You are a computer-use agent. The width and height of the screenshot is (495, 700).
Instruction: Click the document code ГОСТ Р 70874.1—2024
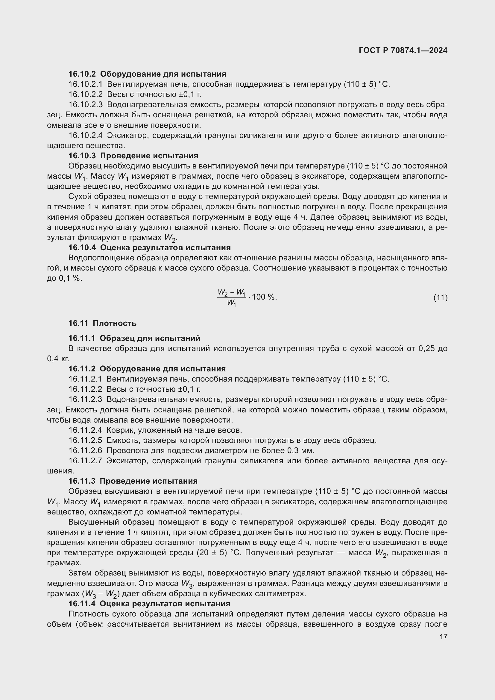click(x=403, y=50)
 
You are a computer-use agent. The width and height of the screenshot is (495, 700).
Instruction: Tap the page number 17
click(x=444, y=637)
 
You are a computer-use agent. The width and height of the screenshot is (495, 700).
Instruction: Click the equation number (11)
click(x=441, y=297)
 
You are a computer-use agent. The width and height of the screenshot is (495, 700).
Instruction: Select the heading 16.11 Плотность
click(x=102, y=323)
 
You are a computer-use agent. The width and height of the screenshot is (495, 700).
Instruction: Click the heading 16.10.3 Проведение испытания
click(x=133, y=156)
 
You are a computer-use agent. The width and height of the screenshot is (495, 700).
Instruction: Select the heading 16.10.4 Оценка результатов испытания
click(x=149, y=247)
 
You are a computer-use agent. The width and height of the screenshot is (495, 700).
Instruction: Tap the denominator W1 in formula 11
click(x=231, y=303)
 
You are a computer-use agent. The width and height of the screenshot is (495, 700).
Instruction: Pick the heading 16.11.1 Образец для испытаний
click(x=134, y=338)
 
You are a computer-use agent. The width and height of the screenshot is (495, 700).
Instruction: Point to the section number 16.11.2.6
click(x=85, y=451)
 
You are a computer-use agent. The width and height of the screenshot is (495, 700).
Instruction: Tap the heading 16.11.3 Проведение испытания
click(x=133, y=481)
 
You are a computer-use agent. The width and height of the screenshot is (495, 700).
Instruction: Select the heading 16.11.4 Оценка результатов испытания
click(x=149, y=604)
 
